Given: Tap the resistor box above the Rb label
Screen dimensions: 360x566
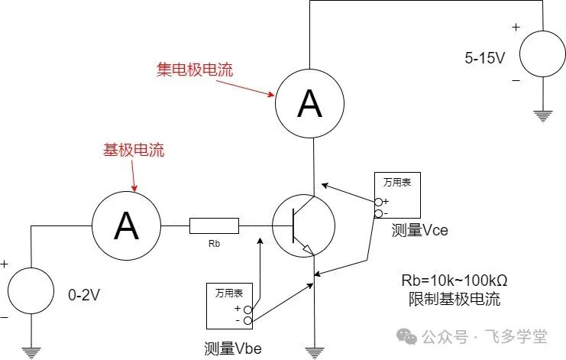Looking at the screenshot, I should [x=214, y=225].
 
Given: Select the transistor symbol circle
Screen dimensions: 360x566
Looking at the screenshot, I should [x=303, y=225].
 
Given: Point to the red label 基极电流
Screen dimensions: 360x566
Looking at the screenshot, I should [x=134, y=151].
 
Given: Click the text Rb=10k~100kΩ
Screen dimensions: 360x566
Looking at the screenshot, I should [x=450, y=280].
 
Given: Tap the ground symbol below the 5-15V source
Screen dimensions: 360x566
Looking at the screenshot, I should [x=543, y=116].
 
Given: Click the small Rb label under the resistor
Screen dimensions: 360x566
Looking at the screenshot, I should [x=214, y=246].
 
